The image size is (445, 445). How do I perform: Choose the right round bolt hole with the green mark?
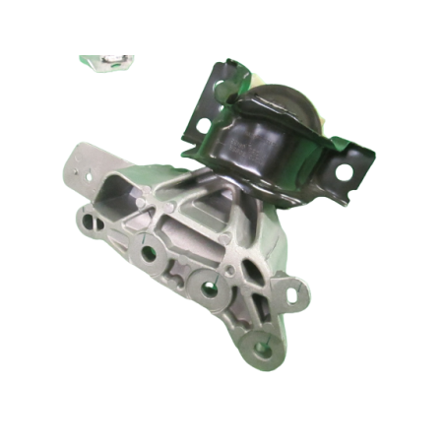pos(210,288)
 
